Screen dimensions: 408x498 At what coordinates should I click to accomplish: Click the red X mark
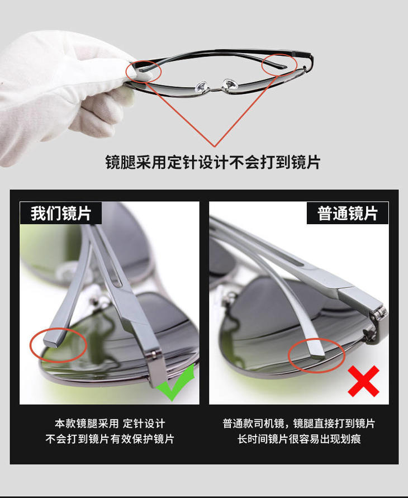pyautogui.click(x=363, y=381)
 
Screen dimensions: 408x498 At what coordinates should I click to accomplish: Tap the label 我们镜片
pyautogui.click(x=61, y=213)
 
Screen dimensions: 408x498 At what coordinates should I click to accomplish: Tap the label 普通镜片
pyautogui.click(x=347, y=213)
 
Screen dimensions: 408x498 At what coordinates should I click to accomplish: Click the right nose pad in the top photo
pyautogui.click(x=231, y=84)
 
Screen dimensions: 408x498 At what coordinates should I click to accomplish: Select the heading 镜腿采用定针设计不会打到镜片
pyautogui.click(x=213, y=162)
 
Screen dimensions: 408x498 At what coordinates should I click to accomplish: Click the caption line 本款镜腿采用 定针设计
pyautogui.click(x=110, y=423)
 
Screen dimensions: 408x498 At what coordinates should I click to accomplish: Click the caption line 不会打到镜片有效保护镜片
pyautogui.click(x=110, y=439)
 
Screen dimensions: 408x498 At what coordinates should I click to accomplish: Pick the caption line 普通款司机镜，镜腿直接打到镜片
pyautogui.click(x=299, y=423)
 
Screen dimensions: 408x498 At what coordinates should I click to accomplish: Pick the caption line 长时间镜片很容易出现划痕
pyautogui.click(x=299, y=439)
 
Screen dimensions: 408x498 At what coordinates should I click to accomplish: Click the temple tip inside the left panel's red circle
pyautogui.click(x=53, y=339)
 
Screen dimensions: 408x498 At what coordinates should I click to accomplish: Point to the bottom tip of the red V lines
pyautogui.click(x=215, y=146)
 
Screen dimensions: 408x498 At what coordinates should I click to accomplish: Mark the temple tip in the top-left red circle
pyautogui.click(x=144, y=69)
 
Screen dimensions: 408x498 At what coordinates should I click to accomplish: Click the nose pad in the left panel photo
pyautogui.click(x=101, y=302)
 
